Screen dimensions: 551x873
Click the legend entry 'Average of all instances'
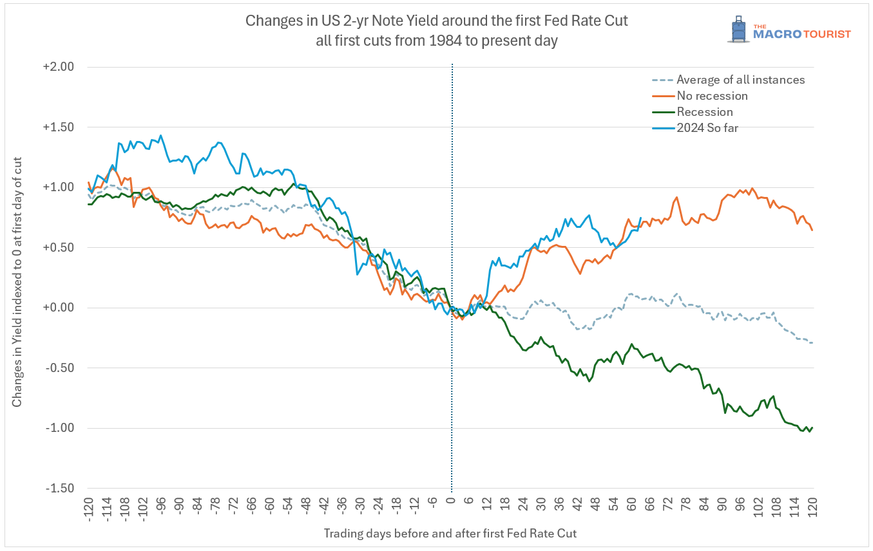[740, 80]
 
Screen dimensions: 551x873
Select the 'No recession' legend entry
[712, 96]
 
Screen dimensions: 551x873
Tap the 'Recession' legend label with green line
[704, 112]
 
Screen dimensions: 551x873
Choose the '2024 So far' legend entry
[707, 127]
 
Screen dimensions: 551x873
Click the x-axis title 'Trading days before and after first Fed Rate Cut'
[450, 534]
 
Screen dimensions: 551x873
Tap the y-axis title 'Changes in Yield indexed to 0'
[17, 281]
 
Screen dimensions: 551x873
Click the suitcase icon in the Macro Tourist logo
[738, 29]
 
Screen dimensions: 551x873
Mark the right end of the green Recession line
[812, 427]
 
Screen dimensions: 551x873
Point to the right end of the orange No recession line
[812, 230]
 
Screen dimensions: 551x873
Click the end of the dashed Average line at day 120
[812, 342]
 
